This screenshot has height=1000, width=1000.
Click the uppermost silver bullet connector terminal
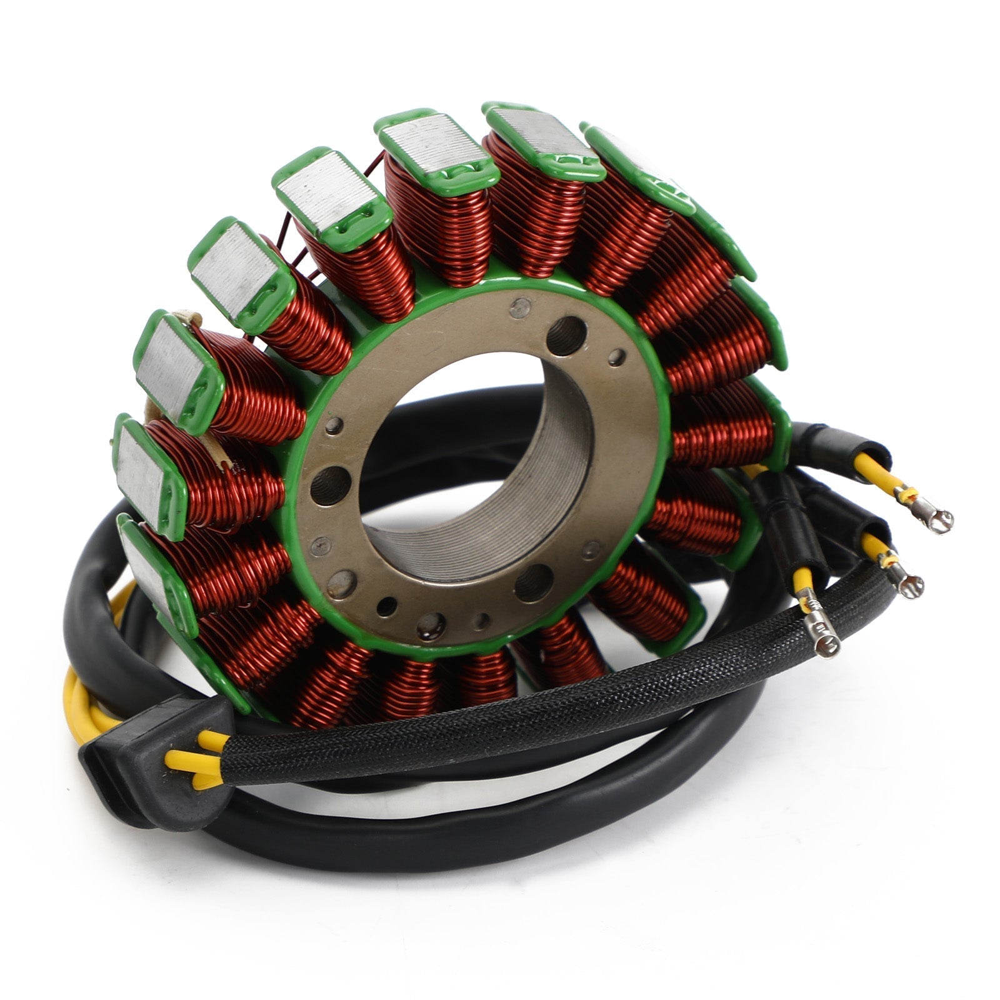click(x=937, y=518)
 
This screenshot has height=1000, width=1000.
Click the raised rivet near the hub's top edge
click(x=517, y=307)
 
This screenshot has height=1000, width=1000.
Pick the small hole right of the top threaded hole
click(x=616, y=357)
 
